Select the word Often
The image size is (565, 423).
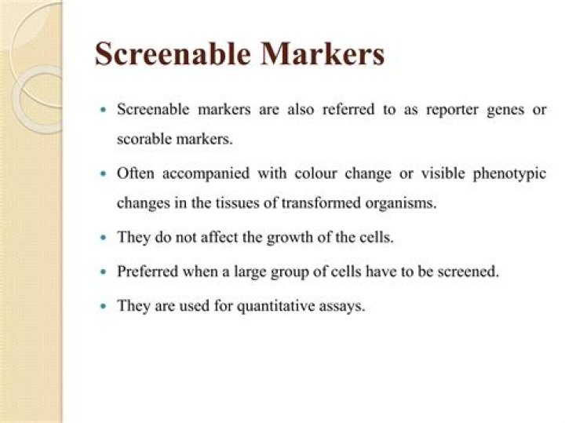click(135, 173)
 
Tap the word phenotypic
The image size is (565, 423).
click(509, 174)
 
